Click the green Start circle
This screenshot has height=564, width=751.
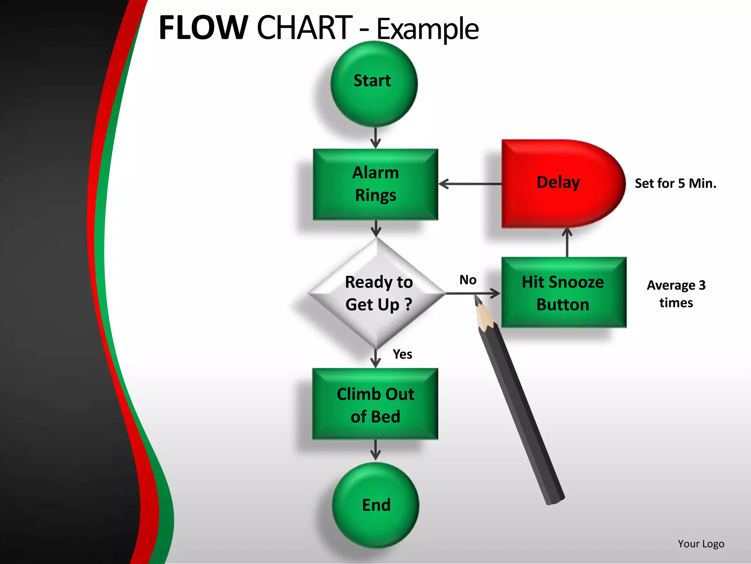(x=374, y=84)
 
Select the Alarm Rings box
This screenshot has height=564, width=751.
(x=375, y=184)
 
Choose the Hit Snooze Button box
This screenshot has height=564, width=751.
(x=564, y=293)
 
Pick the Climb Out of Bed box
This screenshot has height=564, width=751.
(x=375, y=404)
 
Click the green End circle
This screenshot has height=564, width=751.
(x=375, y=505)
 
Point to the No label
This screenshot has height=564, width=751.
(x=468, y=280)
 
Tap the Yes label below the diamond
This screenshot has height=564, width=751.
(x=402, y=354)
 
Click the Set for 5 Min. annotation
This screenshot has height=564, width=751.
(x=675, y=183)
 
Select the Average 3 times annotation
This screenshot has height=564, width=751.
(x=676, y=294)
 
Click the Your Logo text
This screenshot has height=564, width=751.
(x=701, y=544)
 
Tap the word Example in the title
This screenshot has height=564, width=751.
(x=427, y=29)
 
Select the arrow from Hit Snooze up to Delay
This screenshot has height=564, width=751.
(x=567, y=242)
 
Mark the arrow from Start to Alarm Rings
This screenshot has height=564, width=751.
(x=375, y=138)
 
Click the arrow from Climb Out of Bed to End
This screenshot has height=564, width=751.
(x=375, y=450)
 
